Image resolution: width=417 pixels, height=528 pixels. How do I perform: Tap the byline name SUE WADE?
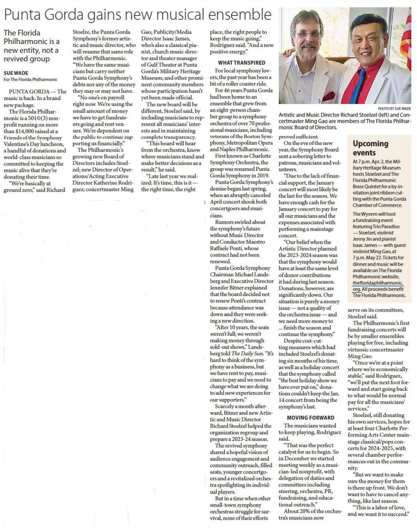click(x=16, y=73)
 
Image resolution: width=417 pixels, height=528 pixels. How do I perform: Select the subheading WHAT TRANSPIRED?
click(x=242, y=63)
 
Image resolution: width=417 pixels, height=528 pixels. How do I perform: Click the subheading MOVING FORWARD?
click(x=311, y=418)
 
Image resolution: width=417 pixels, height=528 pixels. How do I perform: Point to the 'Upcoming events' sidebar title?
click(x=370, y=147)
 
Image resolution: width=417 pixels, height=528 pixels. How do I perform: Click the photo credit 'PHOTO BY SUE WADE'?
click(x=394, y=108)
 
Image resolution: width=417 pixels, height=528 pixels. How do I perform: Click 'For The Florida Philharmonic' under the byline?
click(x=31, y=79)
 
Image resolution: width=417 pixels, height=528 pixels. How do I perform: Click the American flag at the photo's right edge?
click(x=407, y=36)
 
